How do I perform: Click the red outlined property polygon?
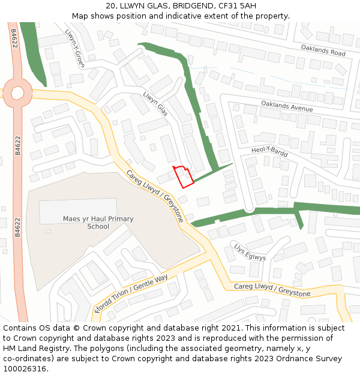click(x=184, y=176)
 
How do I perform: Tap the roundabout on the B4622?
click(x=17, y=93)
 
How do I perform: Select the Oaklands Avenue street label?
click(x=287, y=106)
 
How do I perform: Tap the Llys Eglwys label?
click(x=250, y=252)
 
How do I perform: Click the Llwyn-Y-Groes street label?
click(x=73, y=47)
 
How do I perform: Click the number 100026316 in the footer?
click(x=23, y=369)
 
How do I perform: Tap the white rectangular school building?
click(x=78, y=211)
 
